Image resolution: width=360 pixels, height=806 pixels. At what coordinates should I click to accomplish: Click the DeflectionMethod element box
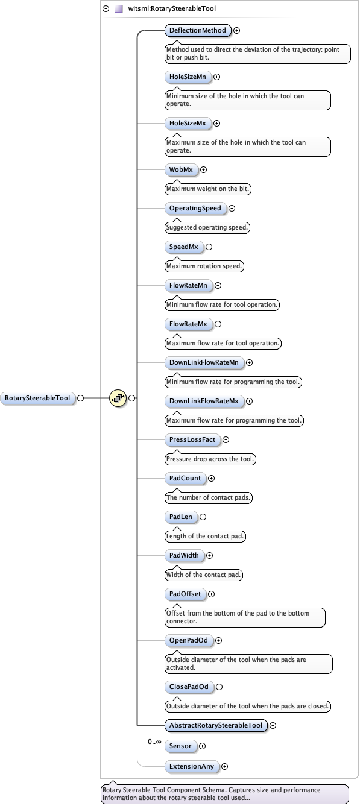(197, 30)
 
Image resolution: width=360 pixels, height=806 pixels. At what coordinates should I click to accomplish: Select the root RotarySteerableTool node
(37, 398)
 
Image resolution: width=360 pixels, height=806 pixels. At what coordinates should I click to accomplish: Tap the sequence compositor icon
(118, 398)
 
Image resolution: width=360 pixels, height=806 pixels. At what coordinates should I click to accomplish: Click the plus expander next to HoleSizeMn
(217, 77)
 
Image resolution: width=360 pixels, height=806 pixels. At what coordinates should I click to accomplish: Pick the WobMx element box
(181, 169)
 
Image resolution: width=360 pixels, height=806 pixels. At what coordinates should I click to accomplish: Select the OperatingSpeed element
(195, 208)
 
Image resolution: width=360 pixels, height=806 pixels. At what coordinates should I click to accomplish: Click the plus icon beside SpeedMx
(209, 247)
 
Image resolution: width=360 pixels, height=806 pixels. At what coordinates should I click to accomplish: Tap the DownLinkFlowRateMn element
(204, 362)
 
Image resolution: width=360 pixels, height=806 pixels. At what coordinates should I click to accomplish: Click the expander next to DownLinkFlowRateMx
(249, 401)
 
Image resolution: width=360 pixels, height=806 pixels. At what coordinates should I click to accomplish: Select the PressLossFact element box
(192, 439)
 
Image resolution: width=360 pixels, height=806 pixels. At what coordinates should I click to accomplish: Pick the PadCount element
(185, 478)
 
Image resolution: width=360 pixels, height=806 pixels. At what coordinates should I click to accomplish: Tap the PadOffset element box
(185, 594)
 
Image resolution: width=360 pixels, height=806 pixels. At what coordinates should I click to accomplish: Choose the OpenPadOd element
(188, 640)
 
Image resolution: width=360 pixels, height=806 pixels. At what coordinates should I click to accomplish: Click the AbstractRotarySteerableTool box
(216, 725)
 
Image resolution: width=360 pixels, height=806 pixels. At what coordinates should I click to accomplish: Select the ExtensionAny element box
(191, 766)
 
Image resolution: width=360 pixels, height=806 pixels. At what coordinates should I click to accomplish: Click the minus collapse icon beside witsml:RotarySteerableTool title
(106, 9)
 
